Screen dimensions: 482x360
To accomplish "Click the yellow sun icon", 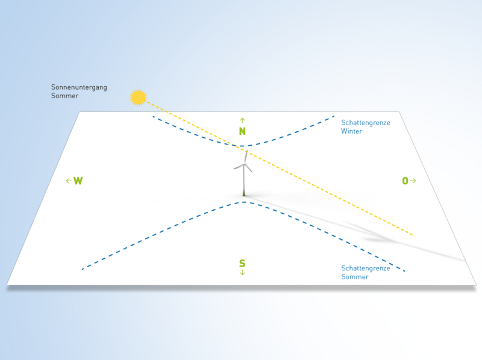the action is pyautogui.click(x=139, y=98).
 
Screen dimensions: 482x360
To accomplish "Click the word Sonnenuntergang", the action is pyautogui.click(x=79, y=87).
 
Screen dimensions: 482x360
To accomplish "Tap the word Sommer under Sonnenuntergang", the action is pyautogui.click(x=64, y=96).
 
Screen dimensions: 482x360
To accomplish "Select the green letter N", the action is pyautogui.click(x=242, y=131).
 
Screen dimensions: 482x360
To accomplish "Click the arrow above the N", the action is pyautogui.click(x=242, y=120).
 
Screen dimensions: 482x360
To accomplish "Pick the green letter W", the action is pyautogui.click(x=78, y=181).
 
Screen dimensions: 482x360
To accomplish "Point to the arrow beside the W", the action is pyautogui.click(x=69, y=181).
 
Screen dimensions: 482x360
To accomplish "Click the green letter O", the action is pyautogui.click(x=405, y=181).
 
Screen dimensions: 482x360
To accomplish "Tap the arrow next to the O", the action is pyautogui.click(x=413, y=181).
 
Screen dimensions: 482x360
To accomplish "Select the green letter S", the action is pyautogui.click(x=242, y=263).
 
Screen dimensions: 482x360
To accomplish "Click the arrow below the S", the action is pyautogui.click(x=242, y=273).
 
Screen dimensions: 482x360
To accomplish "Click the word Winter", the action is pyautogui.click(x=352, y=131).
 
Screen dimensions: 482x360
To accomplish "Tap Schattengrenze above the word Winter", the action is pyautogui.click(x=366, y=123).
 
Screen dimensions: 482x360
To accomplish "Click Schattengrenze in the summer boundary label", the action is pyautogui.click(x=366, y=268).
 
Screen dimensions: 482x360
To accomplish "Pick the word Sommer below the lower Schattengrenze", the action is pyautogui.click(x=355, y=277).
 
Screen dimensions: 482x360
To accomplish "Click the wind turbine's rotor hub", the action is pyautogui.click(x=245, y=165).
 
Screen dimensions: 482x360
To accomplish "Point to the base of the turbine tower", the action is pyautogui.click(x=244, y=194).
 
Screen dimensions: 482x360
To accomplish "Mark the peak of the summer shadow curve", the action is pyautogui.click(x=244, y=202).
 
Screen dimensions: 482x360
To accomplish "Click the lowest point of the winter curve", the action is pyautogui.click(x=242, y=146).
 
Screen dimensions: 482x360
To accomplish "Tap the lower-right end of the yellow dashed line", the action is pyautogui.click(x=413, y=235).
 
